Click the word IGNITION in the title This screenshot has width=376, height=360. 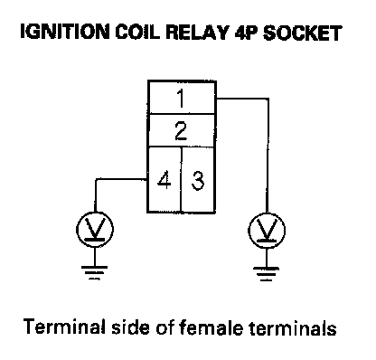[65, 32]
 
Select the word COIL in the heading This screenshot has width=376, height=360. [137, 32]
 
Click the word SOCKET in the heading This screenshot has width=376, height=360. [303, 33]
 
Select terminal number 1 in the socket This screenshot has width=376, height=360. [181, 99]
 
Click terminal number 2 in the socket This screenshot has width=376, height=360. [181, 131]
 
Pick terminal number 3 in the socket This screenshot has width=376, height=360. [198, 180]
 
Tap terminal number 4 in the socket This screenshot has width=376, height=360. [164, 180]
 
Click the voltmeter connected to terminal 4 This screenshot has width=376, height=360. [95, 229]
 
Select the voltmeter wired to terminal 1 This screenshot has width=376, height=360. [267, 231]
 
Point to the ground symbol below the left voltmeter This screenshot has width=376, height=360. [95, 272]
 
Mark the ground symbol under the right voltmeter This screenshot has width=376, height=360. [267, 274]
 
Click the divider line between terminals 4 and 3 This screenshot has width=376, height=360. [182, 179]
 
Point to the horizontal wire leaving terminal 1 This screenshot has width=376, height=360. [242, 99]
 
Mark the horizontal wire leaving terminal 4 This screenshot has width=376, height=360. [121, 180]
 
